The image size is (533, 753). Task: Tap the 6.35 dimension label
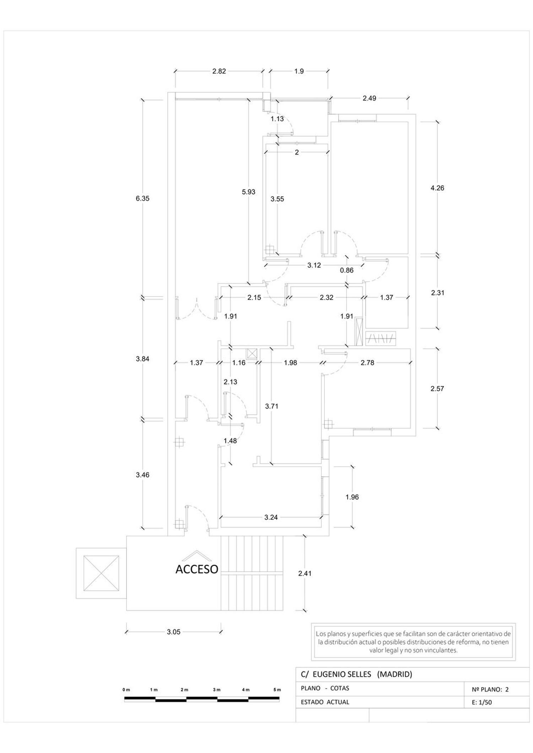[142, 198]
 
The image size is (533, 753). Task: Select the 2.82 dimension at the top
[219, 71]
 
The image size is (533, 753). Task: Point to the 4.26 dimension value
[437, 188]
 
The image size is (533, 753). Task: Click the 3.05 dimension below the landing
[174, 632]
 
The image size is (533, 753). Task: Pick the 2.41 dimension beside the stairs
[305, 573]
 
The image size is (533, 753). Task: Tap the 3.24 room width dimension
[271, 517]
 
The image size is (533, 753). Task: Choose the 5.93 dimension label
[248, 192]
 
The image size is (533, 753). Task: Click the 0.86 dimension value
[346, 270]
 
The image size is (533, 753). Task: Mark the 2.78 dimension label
[367, 363]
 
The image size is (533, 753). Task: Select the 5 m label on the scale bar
[277, 690]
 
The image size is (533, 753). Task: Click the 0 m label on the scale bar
[126, 690]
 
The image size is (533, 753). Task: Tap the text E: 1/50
[482, 702]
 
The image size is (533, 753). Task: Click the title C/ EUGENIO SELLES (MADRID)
[356, 674]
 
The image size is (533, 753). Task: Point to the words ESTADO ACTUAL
[325, 702]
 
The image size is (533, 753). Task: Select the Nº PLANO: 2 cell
[490, 689]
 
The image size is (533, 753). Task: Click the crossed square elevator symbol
[101, 573]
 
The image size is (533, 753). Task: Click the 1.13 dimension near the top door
[277, 119]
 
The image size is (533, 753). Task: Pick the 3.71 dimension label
[271, 406]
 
